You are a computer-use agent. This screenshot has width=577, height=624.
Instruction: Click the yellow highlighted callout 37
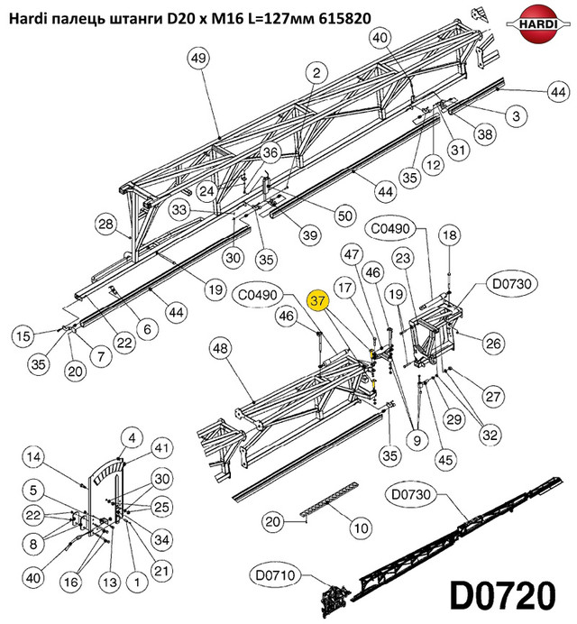tap(318, 300)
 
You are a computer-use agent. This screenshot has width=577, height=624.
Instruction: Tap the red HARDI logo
tap(537, 23)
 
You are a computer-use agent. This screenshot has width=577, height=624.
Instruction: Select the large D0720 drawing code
tap(502, 595)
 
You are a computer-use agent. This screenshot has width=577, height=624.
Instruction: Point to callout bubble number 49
tap(198, 58)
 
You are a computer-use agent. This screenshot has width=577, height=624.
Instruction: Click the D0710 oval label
tap(275, 575)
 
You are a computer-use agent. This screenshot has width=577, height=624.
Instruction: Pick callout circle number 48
tap(221, 349)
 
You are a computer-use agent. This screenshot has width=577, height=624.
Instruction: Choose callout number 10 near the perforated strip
tap(361, 528)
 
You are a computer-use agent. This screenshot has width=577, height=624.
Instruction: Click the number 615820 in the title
tap(345, 18)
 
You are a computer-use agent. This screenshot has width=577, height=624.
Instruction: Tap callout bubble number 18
tap(450, 234)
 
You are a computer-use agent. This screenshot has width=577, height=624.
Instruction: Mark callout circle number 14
tap(34, 456)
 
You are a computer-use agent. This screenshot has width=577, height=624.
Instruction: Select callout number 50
tap(345, 216)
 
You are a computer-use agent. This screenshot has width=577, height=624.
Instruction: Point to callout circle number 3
tap(516, 115)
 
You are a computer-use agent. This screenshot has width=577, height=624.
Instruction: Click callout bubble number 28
tap(105, 224)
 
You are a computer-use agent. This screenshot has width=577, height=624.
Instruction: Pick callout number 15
tap(23, 335)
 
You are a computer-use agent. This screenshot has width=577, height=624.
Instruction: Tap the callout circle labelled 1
tap(137, 583)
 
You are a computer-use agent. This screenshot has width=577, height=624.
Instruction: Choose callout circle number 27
tap(493, 397)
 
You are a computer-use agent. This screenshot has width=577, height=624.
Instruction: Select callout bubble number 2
tap(316, 73)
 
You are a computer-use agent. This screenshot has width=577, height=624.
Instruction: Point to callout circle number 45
tap(445, 460)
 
